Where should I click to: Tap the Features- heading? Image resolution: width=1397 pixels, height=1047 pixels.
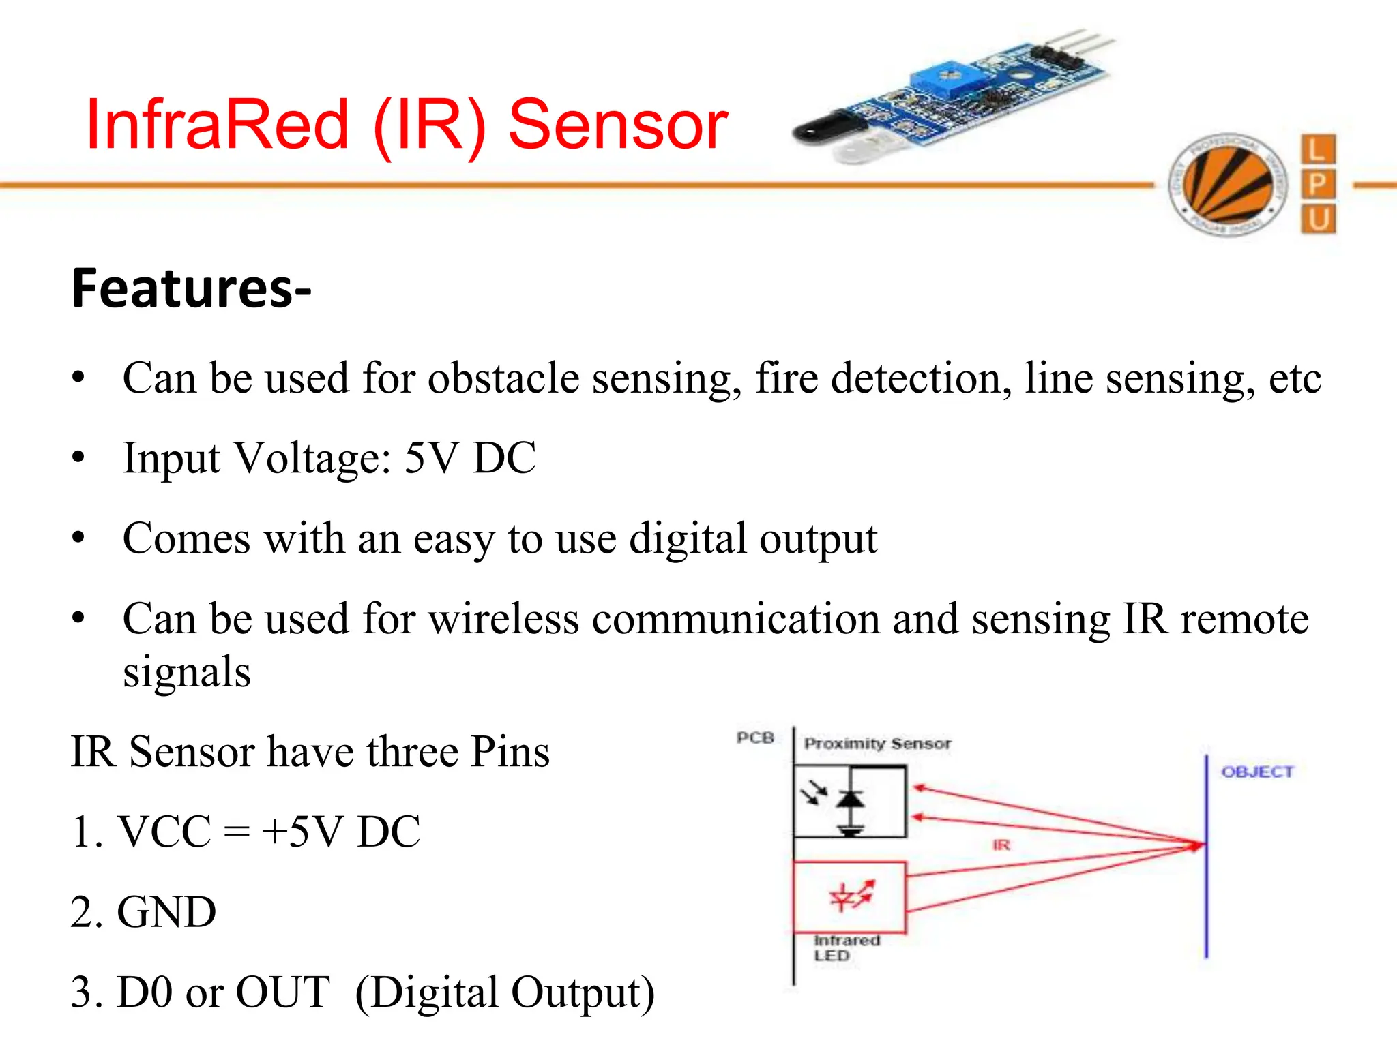pyautogui.click(x=191, y=289)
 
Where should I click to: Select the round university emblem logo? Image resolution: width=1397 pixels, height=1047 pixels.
pyautogui.click(x=1227, y=184)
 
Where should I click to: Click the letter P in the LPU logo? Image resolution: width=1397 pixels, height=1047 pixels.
pyautogui.click(x=1318, y=184)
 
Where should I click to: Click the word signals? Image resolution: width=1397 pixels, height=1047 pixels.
pyautogui.click(x=187, y=672)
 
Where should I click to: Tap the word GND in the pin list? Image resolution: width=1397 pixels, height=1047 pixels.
pyautogui.click(x=166, y=912)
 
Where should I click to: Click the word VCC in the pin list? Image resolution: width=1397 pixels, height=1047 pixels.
pyautogui.click(x=164, y=832)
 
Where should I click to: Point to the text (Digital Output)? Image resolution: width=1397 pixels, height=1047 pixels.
pyautogui.click(x=505, y=992)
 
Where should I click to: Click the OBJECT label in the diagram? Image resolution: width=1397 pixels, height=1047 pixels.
pyautogui.click(x=1257, y=772)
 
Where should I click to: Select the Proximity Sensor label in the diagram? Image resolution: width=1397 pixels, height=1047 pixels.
pyautogui.click(x=877, y=743)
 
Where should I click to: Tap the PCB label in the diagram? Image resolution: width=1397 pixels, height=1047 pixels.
pyautogui.click(x=755, y=738)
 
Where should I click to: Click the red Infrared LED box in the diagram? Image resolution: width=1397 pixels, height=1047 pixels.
pyautogui.click(x=850, y=896)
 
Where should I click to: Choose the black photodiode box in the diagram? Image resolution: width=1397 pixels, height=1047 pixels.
pyautogui.click(x=850, y=802)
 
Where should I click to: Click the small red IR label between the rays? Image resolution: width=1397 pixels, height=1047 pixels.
pyautogui.click(x=1001, y=845)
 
